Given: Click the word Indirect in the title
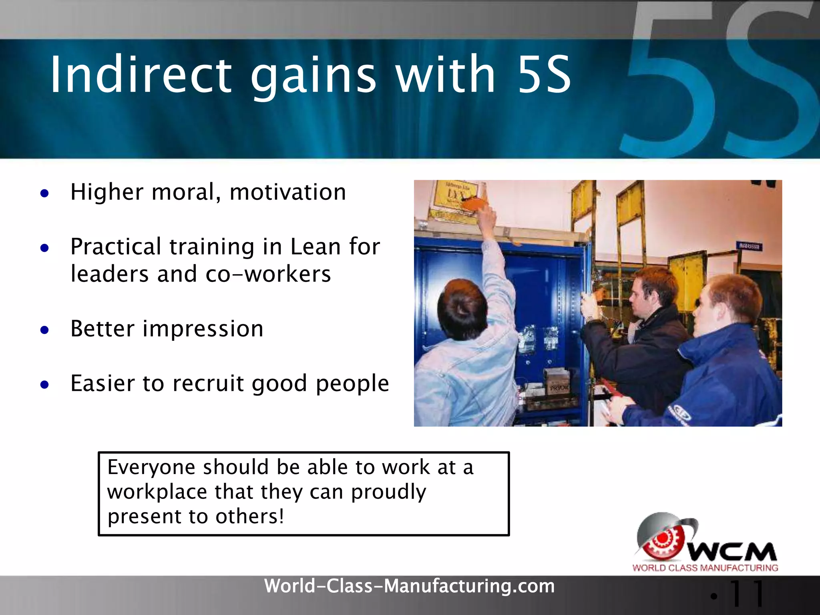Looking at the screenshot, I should [140, 75].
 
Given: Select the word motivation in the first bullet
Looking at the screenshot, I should [287, 192].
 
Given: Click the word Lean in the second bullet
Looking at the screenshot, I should [315, 247].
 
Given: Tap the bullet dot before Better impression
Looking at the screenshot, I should [44, 330].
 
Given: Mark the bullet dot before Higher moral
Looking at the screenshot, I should [44, 194].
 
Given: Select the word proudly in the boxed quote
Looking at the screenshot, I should [388, 492].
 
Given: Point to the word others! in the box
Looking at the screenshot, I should [250, 517].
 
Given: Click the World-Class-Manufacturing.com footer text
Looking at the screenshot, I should [409, 586].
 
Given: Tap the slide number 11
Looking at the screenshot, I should [747, 594].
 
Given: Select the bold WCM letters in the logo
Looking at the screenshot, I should [733, 553].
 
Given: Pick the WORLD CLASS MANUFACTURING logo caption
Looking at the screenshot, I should [705, 568].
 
